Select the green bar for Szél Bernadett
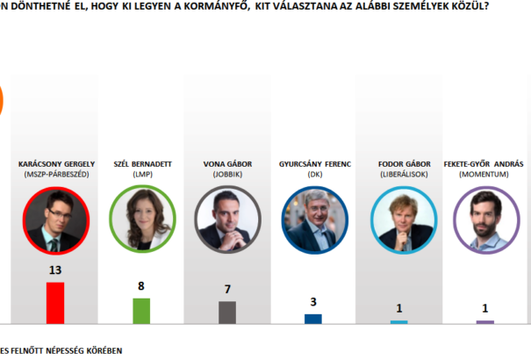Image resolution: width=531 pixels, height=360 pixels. (x=141, y=311)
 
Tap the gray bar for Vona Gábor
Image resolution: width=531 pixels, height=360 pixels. (x=227, y=313)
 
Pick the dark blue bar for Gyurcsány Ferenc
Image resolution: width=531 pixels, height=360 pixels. (x=313, y=319)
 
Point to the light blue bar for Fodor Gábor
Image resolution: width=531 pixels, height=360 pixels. (x=399, y=322)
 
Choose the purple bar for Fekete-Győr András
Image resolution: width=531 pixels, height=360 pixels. (x=484, y=322)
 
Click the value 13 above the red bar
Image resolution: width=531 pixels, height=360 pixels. (x=55, y=270)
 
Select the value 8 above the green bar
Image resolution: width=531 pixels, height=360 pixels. (x=141, y=286)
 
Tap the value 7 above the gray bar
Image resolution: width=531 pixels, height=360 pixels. (x=227, y=289)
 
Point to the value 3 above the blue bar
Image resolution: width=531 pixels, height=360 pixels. (x=313, y=302)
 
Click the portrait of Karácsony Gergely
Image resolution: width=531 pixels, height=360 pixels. (x=55, y=220)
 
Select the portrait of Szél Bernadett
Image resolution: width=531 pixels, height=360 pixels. (x=141, y=220)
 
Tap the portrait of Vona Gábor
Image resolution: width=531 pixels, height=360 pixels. (x=227, y=220)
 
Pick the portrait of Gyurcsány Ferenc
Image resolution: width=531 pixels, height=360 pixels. (x=313, y=220)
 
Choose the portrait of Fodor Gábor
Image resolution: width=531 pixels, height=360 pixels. (x=399, y=220)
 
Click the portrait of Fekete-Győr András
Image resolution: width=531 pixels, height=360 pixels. (x=484, y=220)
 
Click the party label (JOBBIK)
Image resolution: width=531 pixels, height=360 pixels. (x=227, y=175)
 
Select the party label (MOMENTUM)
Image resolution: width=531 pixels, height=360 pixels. (x=484, y=175)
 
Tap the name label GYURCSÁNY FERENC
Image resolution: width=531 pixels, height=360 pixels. (x=313, y=164)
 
